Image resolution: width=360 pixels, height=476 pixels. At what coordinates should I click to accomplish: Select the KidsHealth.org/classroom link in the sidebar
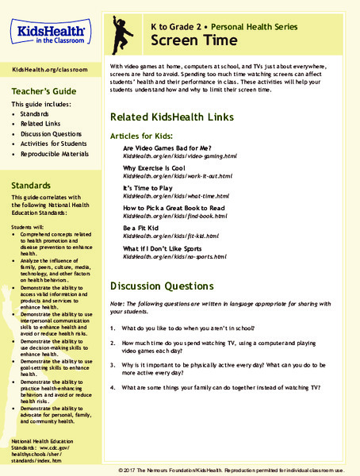pyautogui.click(x=50, y=70)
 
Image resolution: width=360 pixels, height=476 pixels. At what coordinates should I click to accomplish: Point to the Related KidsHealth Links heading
pyautogui.click(x=172, y=117)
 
